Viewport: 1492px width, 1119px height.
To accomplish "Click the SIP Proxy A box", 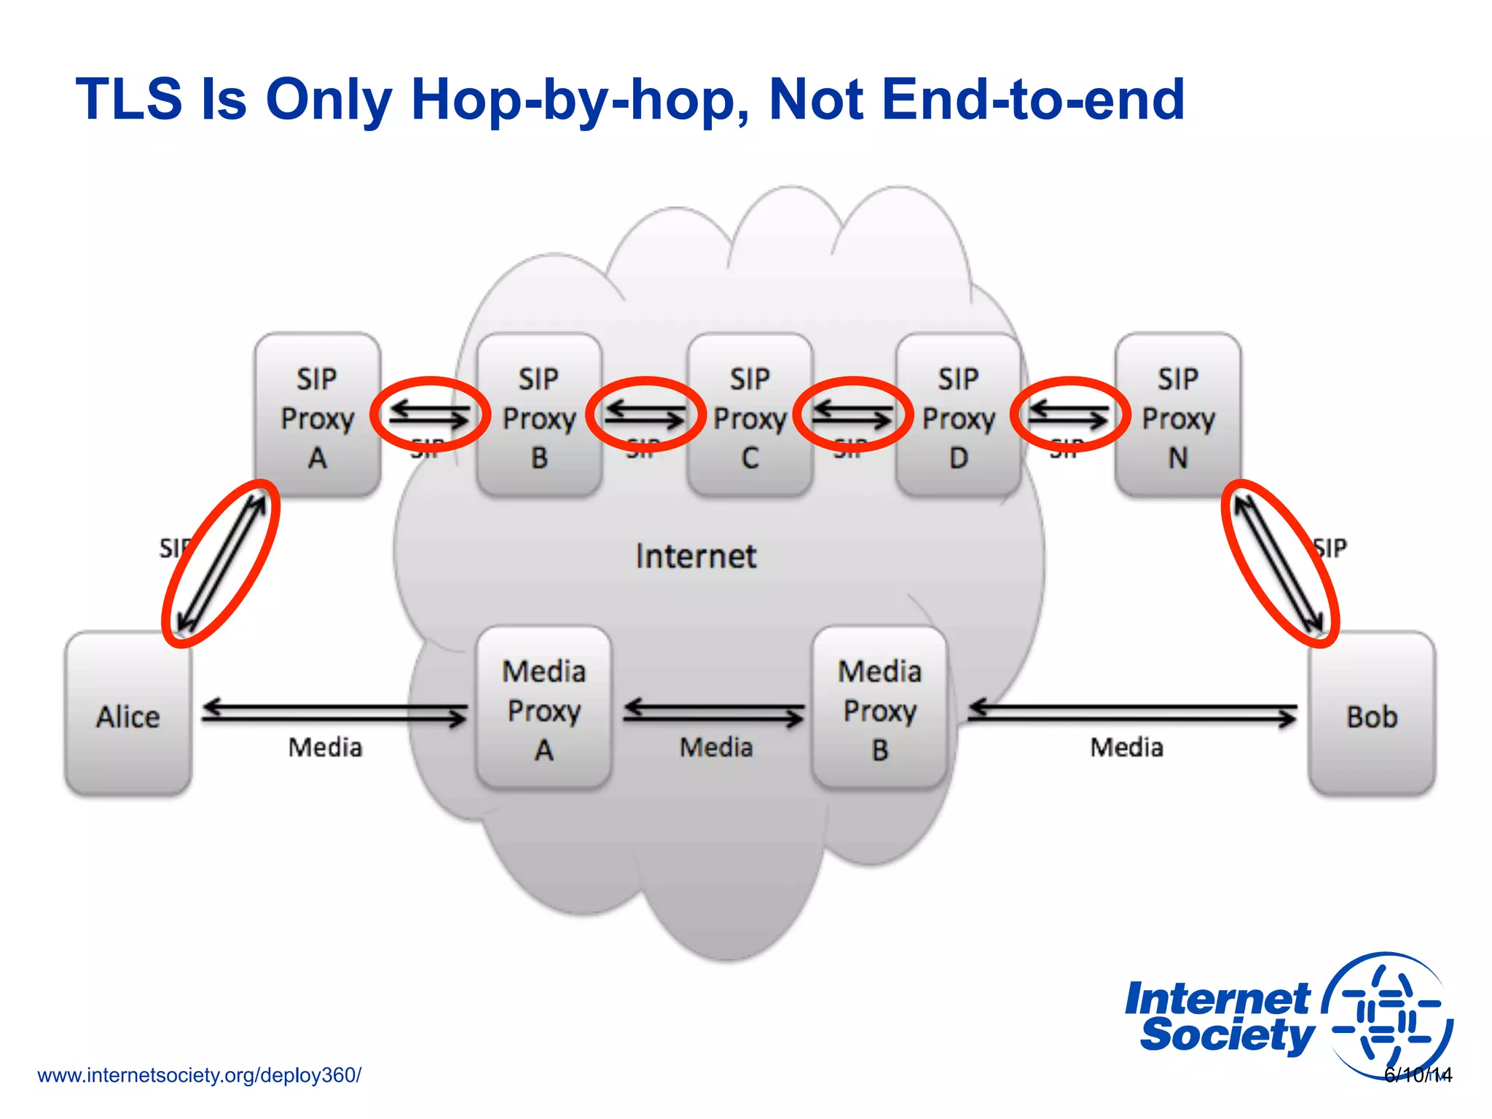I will click(318, 416).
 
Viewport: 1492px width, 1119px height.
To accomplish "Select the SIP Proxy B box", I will click(539, 416).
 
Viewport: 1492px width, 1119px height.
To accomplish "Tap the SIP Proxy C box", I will click(750, 416).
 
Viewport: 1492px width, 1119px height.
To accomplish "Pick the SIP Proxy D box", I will click(958, 416).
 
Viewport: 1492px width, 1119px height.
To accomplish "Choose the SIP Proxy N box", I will click(1178, 416).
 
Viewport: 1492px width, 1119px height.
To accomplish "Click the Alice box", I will click(128, 715).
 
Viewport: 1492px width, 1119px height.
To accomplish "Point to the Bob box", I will click(1371, 715).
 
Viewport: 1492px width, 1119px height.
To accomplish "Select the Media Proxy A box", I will click(543, 709).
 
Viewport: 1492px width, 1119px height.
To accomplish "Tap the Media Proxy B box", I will click(879, 709).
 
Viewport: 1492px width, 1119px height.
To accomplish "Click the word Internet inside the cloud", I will click(696, 557).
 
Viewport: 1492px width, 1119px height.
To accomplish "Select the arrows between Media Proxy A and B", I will click(713, 712).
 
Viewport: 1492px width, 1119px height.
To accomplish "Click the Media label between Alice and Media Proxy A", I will click(325, 747).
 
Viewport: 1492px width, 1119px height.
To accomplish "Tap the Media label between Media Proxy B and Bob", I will click(1126, 747).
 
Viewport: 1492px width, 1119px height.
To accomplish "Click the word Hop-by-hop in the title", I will click(579, 100).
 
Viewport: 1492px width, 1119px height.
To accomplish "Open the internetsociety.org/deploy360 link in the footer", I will click(199, 1075).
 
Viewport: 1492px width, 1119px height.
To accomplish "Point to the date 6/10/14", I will click(1418, 1075).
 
